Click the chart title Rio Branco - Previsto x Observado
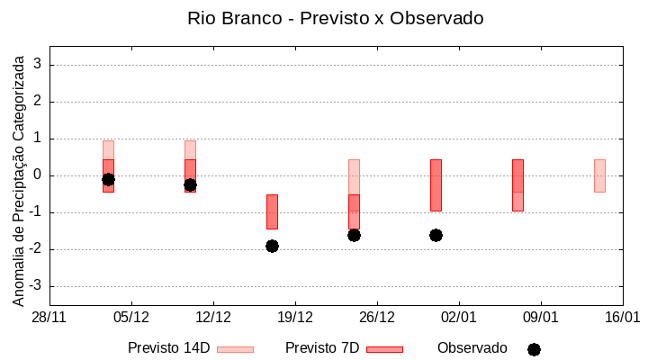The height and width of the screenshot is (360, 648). pyautogui.click(x=323, y=18)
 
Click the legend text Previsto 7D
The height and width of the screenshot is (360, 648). pyautogui.click(x=321, y=348)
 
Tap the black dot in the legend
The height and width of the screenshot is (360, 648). pyautogui.click(x=534, y=349)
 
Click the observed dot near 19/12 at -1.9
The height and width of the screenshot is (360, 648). pyautogui.click(x=272, y=246)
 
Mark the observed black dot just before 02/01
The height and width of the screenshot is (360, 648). pyautogui.click(x=436, y=235)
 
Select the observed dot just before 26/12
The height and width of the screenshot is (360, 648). pyautogui.click(x=354, y=235)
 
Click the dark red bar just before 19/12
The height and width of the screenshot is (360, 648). pyautogui.click(x=272, y=211)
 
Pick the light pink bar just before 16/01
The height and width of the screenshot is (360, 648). pyautogui.click(x=599, y=175)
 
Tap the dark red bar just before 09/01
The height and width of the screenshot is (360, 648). pyautogui.click(x=517, y=184)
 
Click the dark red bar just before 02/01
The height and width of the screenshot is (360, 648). pyautogui.click(x=436, y=184)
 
